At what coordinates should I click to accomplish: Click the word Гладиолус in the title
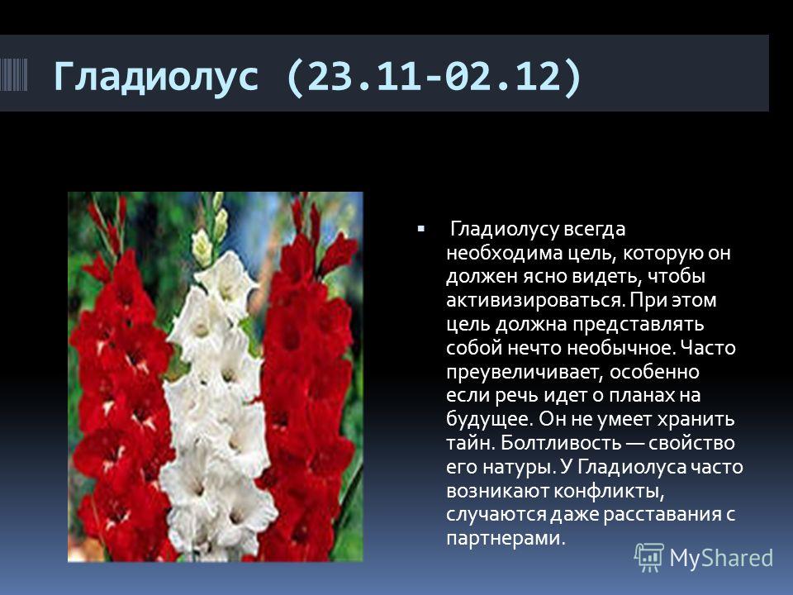click(x=156, y=76)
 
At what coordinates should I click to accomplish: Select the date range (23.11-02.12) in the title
click(x=434, y=76)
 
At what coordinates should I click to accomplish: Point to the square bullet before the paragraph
click(x=420, y=229)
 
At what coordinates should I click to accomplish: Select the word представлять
click(x=638, y=324)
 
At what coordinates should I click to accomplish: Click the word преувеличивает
click(x=525, y=372)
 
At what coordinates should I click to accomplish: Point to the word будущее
click(x=489, y=420)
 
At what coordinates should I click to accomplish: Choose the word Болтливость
click(x=560, y=443)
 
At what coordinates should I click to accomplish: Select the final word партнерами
click(x=506, y=538)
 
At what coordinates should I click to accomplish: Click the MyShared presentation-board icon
click(x=649, y=557)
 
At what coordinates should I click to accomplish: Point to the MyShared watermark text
click(x=721, y=558)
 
